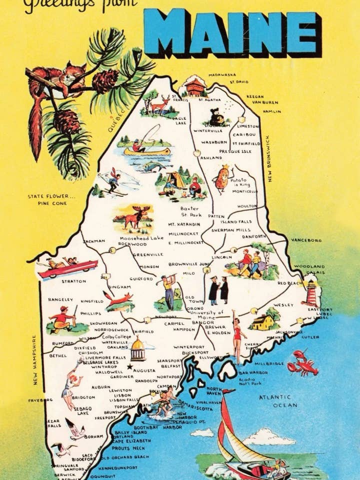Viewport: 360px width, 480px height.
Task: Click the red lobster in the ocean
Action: (302, 363)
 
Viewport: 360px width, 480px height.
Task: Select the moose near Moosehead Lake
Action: (134, 218)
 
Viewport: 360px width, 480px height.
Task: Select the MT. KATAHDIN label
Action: (184, 224)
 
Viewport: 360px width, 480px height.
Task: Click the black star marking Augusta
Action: (130, 367)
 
